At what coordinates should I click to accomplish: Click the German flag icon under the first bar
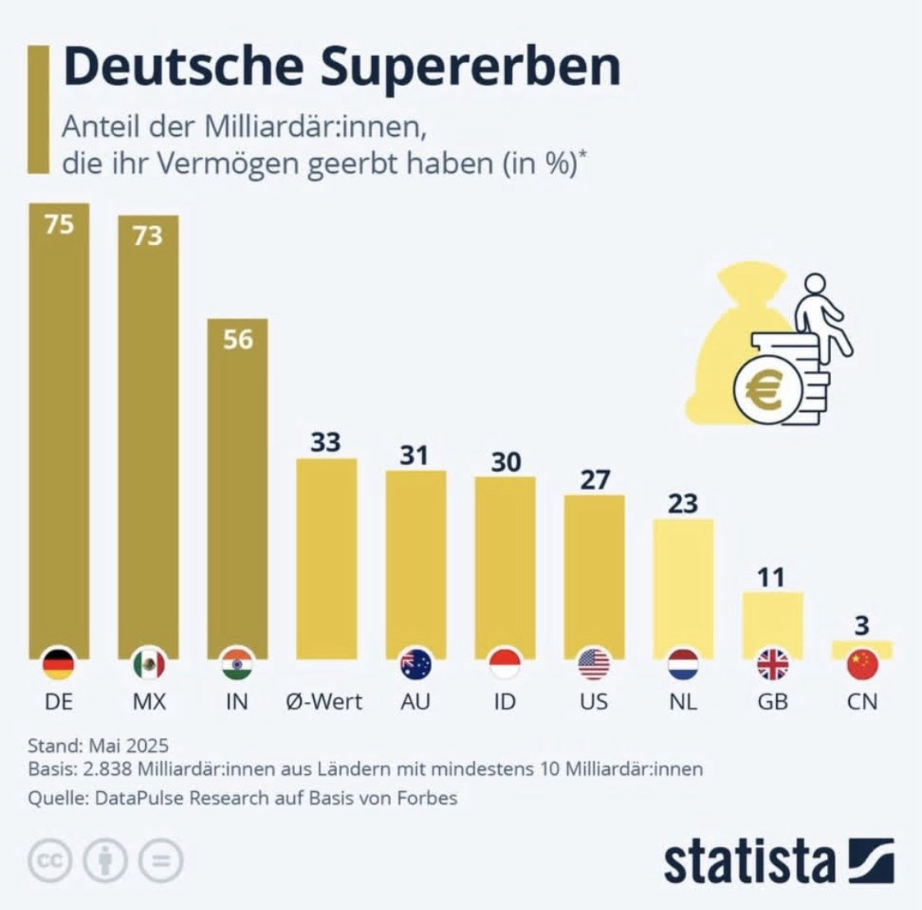click(58, 663)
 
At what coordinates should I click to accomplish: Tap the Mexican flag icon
click(148, 663)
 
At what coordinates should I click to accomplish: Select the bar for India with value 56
click(238, 491)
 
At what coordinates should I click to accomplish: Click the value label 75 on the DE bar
click(59, 224)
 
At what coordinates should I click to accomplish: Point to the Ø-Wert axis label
click(325, 702)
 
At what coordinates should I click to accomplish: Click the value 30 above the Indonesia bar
click(506, 462)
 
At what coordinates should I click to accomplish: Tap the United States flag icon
click(594, 663)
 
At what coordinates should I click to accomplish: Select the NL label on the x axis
click(684, 702)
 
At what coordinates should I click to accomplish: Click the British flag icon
click(773, 663)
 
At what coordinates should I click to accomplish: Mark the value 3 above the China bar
click(861, 626)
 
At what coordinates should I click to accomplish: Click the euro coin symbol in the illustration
click(765, 390)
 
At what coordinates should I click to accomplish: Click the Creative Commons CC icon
click(50, 860)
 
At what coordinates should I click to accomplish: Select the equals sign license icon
click(161, 860)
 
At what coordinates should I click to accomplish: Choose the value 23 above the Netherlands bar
click(683, 503)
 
